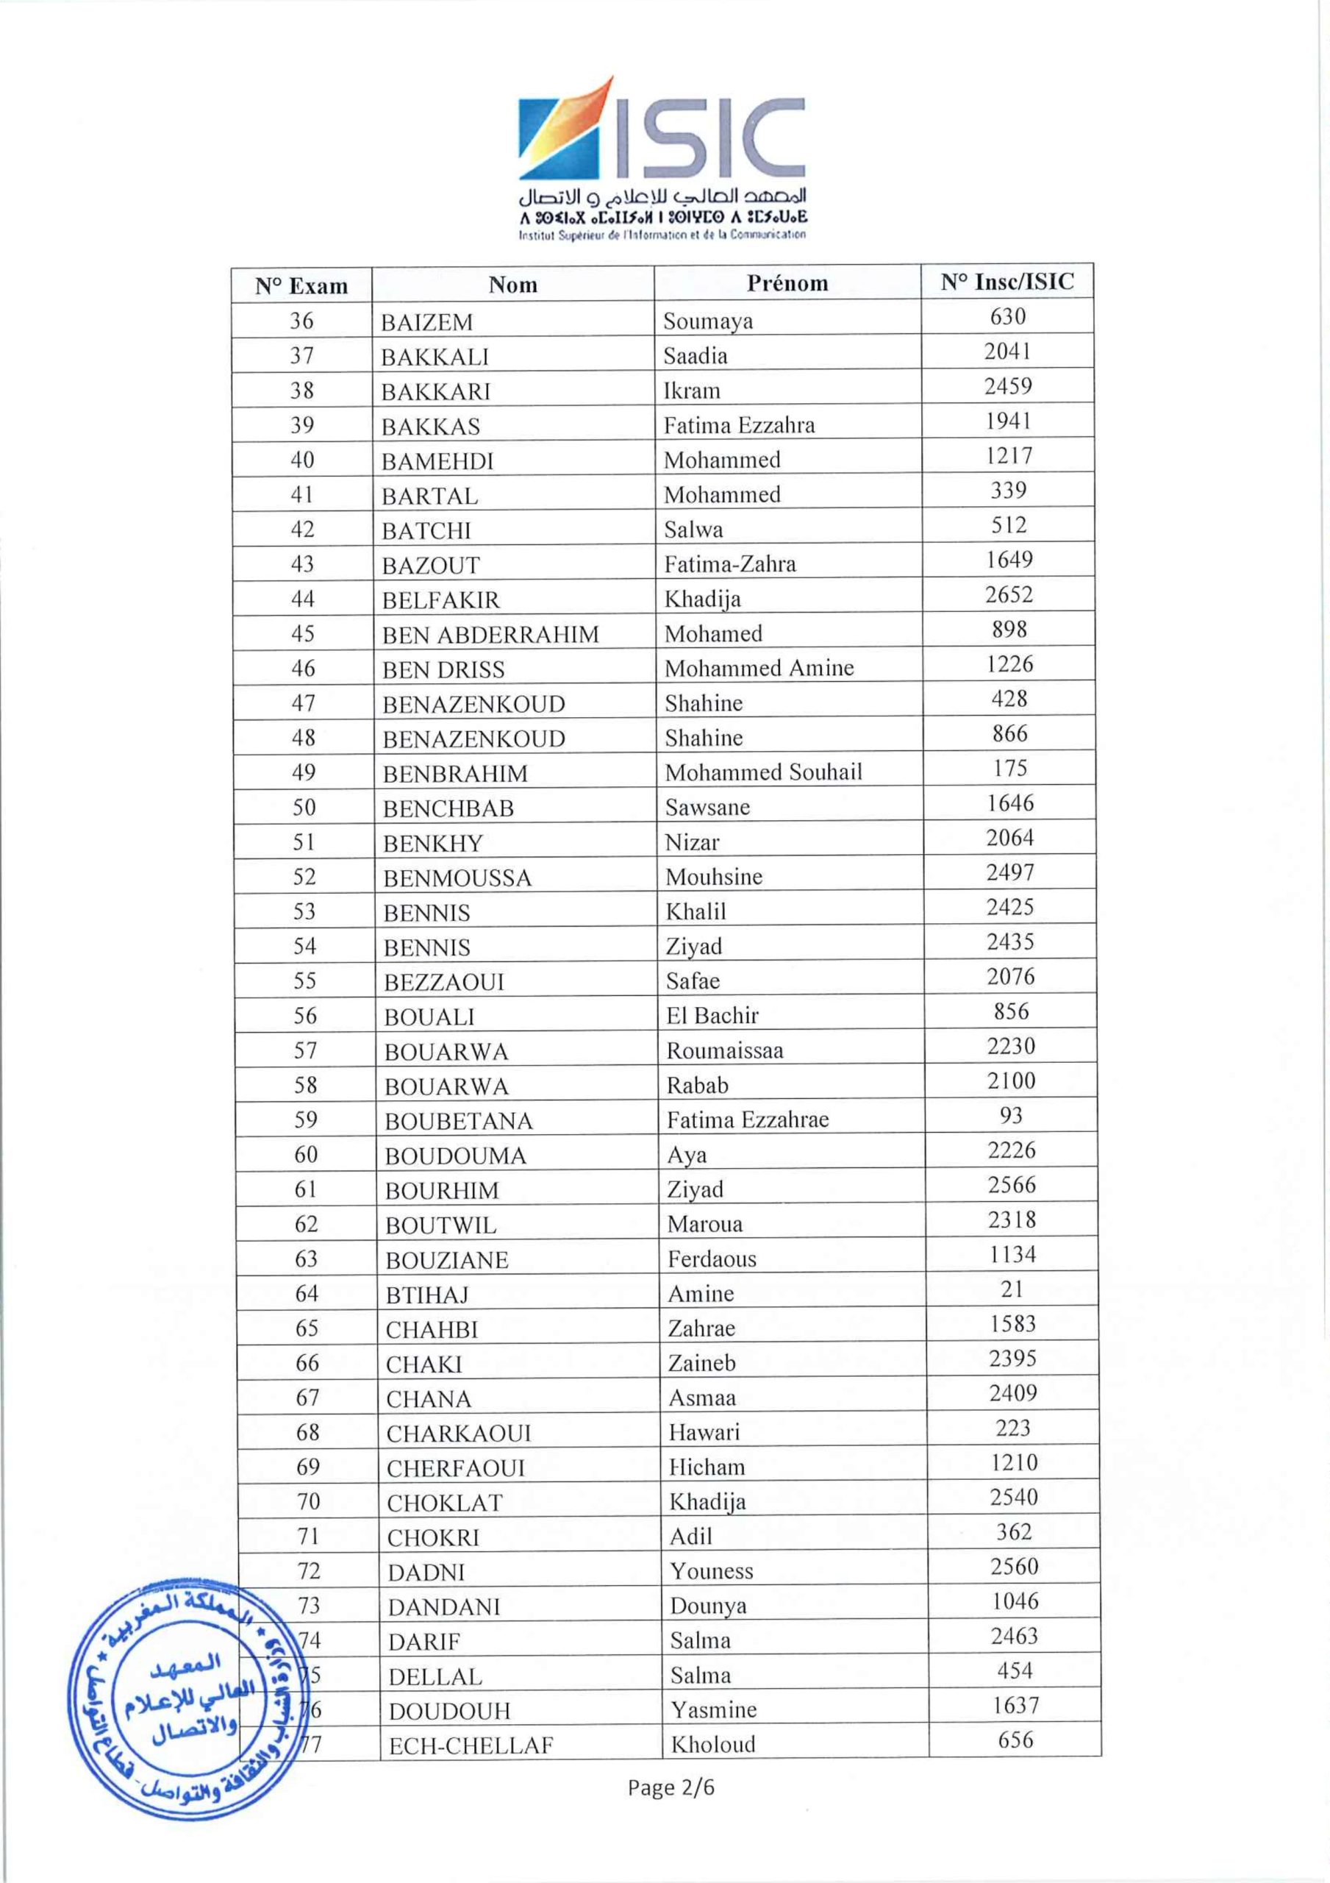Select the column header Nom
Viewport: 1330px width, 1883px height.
point(512,285)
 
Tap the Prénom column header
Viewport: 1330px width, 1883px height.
point(787,283)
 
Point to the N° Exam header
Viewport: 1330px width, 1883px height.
point(301,286)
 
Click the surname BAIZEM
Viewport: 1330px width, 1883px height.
point(426,322)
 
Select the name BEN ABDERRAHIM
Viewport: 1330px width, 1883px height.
point(490,635)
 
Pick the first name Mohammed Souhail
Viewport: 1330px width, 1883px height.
point(762,772)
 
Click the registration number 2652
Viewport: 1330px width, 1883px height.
point(1009,594)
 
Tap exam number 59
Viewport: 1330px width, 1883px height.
point(305,1120)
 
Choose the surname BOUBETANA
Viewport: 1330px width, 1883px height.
point(458,1121)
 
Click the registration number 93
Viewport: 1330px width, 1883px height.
point(1011,1115)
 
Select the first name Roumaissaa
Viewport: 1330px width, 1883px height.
point(724,1050)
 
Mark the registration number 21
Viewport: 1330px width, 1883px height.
point(1012,1289)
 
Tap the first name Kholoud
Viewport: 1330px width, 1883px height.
point(712,1745)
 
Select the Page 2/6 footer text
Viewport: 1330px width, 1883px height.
point(671,1788)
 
